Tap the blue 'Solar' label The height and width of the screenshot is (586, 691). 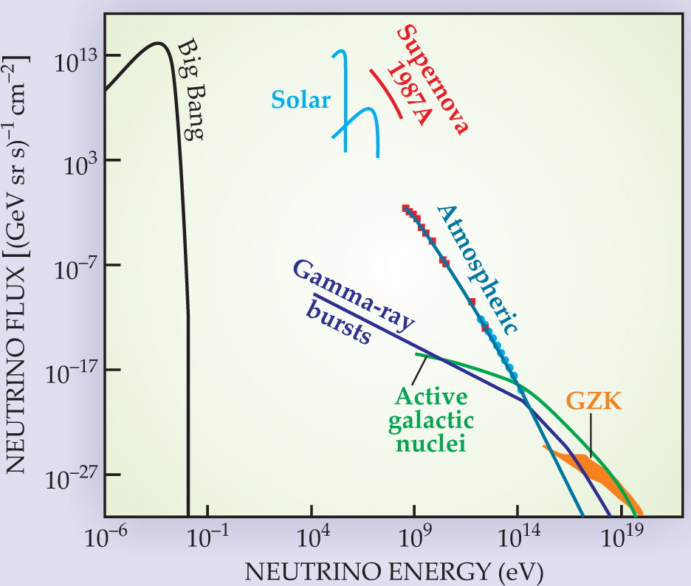coord(300,100)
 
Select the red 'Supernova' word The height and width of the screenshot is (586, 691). coord(433,79)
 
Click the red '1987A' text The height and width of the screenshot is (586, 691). coord(409,94)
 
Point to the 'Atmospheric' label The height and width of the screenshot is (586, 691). coord(477,269)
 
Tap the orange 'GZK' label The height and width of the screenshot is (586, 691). coord(593,401)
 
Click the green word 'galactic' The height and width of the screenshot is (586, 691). coord(430,421)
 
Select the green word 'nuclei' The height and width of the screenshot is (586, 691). coord(430,443)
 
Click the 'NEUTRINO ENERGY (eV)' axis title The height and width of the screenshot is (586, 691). coord(394,572)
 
